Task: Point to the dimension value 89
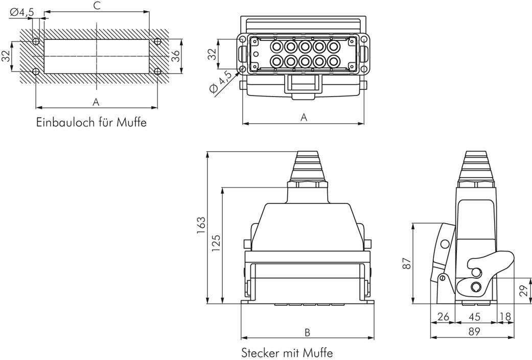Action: pos(474,331)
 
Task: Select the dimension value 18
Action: pos(506,317)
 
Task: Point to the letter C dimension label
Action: pos(96,6)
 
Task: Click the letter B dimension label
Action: pos(307,332)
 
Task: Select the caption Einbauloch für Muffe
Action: pos(91,123)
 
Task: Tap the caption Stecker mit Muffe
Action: pos(287,352)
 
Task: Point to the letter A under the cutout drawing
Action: pos(96,102)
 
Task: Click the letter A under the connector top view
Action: pos(304,117)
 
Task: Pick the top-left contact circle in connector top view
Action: pos(276,47)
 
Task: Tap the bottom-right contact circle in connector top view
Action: pos(333,62)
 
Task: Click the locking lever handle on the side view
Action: pos(501,260)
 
